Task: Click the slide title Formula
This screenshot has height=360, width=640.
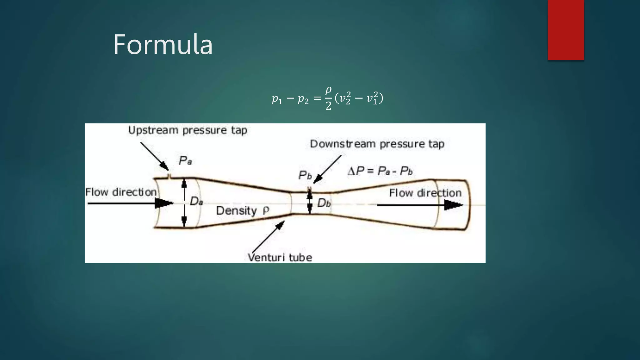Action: click(x=163, y=45)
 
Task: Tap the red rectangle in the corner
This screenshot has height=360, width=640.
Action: click(x=566, y=30)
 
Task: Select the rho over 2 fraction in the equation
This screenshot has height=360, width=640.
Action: click(x=328, y=98)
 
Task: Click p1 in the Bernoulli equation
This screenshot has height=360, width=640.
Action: click(x=277, y=99)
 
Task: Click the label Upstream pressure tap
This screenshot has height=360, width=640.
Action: click(x=187, y=130)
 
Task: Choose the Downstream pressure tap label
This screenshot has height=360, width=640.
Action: click(x=377, y=144)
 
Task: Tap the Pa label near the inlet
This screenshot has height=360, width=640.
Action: click(x=185, y=161)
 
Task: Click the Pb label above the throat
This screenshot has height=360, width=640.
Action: click(x=305, y=175)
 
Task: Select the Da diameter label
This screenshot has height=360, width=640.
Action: click(x=196, y=202)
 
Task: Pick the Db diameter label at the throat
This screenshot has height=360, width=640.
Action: click(x=324, y=203)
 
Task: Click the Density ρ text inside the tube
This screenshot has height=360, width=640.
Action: click(x=242, y=211)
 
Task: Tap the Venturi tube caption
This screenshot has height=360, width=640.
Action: click(x=280, y=257)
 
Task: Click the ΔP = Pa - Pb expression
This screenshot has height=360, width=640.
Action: click(x=380, y=171)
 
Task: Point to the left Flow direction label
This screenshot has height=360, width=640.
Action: click(x=121, y=192)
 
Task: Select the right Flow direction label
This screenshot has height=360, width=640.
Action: click(x=425, y=193)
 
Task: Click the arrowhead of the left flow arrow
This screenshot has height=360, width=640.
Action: click(x=164, y=203)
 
